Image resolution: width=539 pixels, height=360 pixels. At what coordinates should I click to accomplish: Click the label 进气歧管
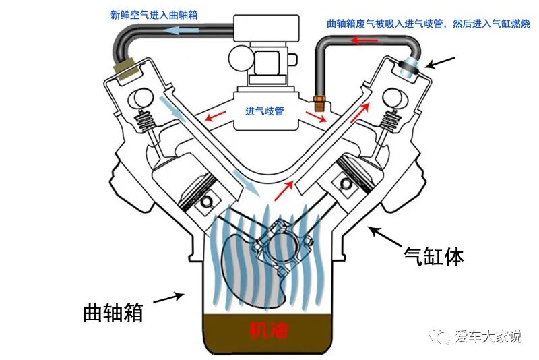(265, 111)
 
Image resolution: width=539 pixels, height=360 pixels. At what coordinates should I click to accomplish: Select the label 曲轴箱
(113, 312)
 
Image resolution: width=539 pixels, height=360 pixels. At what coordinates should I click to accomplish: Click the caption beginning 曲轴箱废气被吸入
(427, 24)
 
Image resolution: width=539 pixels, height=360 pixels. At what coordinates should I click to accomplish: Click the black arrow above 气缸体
(382, 236)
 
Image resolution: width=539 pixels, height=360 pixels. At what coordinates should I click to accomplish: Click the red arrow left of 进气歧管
(216, 117)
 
